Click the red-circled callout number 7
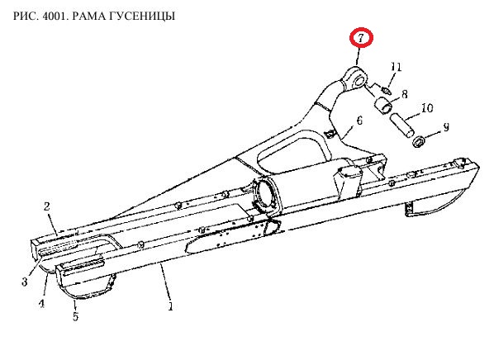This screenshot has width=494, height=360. pyautogui.click(x=361, y=37)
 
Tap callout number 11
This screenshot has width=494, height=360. pyautogui.click(x=396, y=67)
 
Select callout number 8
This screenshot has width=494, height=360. pyautogui.click(x=405, y=94)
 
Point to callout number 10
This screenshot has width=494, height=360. pyautogui.click(x=427, y=108)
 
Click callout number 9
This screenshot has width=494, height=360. pyautogui.click(x=446, y=127)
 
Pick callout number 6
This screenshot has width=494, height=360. pyautogui.click(x=359, y=121)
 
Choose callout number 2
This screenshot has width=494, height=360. pyautogui.click(x=46, y=206)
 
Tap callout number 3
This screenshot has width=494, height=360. pyautogui.click(x=25, y=282)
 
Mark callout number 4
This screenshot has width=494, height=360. pyautogui.click(x=41, y=303)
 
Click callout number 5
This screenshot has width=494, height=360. pyautogui.click(x=75, y=316)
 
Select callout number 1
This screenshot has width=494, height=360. pyautogui.click(x=170, y=306)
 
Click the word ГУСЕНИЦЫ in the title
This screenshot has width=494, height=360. pyautogui.click(x=142, y=16)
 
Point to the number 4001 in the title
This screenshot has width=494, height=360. pyautogui.click(x=54, y=16)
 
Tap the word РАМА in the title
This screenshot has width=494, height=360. pyautogui.click(x=89, y=16)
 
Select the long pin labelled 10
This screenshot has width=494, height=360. pyautogui.click(x=402, y=126)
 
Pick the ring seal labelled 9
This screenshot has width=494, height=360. pyautogui.click(x=419, y=141)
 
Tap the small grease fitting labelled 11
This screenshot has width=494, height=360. pyautogui.click(x=386, y=90)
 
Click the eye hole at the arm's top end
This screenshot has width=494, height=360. pyautogui.click(x=359, y=81)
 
